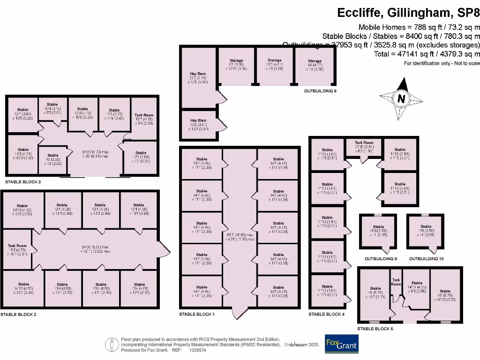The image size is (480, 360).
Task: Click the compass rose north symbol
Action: [x=401, y=99]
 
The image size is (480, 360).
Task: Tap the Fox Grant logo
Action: [x=341, y=344]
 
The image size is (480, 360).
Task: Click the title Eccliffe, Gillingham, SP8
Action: [x=408, y=13]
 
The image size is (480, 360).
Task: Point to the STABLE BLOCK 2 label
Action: [x=18, y=315]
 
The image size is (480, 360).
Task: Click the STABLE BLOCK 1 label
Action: [x=197, y=314]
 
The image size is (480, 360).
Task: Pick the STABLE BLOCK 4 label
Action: [x=326, y=314]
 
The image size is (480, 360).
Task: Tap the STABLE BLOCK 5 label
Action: [x=375, y=329]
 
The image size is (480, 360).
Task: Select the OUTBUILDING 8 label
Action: [x=321, y=90]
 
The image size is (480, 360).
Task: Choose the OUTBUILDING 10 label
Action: [x=426, y=259]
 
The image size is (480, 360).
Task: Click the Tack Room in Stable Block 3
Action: [x=144, y=119]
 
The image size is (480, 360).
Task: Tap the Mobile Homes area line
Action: [x=419, y=27]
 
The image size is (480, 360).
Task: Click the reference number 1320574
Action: [x=198, y=350]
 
